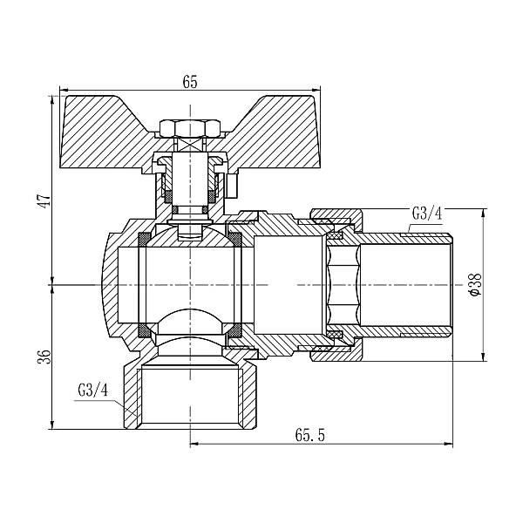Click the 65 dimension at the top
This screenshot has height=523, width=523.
tap(190, 82)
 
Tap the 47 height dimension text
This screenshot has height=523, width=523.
tap(45, 200)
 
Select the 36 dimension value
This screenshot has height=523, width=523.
tap(45, 357)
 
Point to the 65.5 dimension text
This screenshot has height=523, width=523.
tap(309, 435)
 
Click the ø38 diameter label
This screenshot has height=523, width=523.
tap(475, 284)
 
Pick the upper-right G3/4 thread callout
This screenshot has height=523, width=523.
tap(427, 214)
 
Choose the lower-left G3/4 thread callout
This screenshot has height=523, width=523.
tap(93, 390)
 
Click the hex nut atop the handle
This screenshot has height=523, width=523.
tap(190, 128)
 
